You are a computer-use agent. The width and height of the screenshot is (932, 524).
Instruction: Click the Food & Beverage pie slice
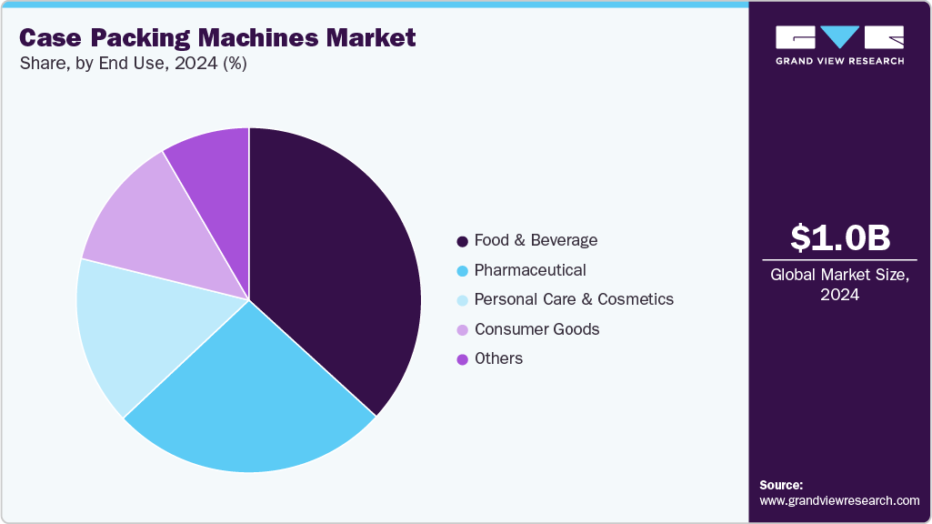pyautogui.click(x=336, y=264)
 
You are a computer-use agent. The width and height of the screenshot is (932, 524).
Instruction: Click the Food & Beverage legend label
pyautogui.click(x=536, y=240)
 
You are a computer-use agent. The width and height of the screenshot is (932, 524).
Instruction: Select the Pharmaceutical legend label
pyautogui.click(x=530, y=270)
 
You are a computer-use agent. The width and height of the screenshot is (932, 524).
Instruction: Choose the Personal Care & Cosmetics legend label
pyautogui.click(x=574, y=299)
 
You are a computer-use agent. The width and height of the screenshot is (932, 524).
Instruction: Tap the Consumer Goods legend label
pyautogui.click(x=536, y=328)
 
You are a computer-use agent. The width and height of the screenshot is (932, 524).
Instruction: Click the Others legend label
pyautogui.click(x=498, y=358)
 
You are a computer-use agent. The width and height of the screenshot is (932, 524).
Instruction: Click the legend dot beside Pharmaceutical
pyautogui.click(x=462, y=271)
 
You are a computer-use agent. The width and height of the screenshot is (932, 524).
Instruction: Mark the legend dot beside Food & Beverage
pyautogui.click(x=462, y=241)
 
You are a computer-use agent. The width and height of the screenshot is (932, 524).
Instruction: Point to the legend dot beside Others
pyautogui.click(x=462, y=359)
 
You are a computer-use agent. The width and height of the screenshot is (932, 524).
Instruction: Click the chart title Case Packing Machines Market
pyautogui.click(x=217, y=38)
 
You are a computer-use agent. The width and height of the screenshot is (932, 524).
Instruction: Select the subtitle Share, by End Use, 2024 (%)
pyautogui.click(x=133, y=64)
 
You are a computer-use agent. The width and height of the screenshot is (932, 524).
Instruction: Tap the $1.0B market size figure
pyautogui.click(x=839, y=238)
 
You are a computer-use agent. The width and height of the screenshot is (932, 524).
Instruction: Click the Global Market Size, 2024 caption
pyautogui.click(x=839, y=284)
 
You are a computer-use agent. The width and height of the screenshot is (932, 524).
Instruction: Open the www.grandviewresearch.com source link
pyautogui.click(x=839, y=500)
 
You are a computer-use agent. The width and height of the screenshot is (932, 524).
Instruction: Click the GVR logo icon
pyautogui.click(x=839, y=37)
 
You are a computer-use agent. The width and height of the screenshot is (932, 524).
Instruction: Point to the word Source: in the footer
pyautogui.click(x=781, y=485)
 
